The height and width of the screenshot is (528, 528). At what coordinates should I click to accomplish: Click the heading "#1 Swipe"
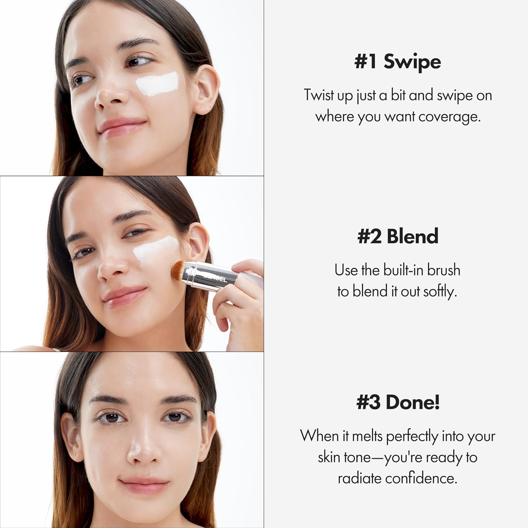tap(397, 62)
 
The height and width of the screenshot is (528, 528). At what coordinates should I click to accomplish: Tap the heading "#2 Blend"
tap(397, 236)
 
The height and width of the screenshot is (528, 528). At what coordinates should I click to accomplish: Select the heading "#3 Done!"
tap(398, 402)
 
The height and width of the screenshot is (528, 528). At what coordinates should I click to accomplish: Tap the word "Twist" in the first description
tap(319, 95)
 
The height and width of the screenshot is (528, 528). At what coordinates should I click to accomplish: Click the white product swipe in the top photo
tap(157, 84)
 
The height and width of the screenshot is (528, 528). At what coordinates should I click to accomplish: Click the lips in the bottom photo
tap(144, 485)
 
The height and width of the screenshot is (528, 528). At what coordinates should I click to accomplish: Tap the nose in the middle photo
tap(112, 269)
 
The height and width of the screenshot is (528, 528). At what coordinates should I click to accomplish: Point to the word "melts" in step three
tap(367, 436)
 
